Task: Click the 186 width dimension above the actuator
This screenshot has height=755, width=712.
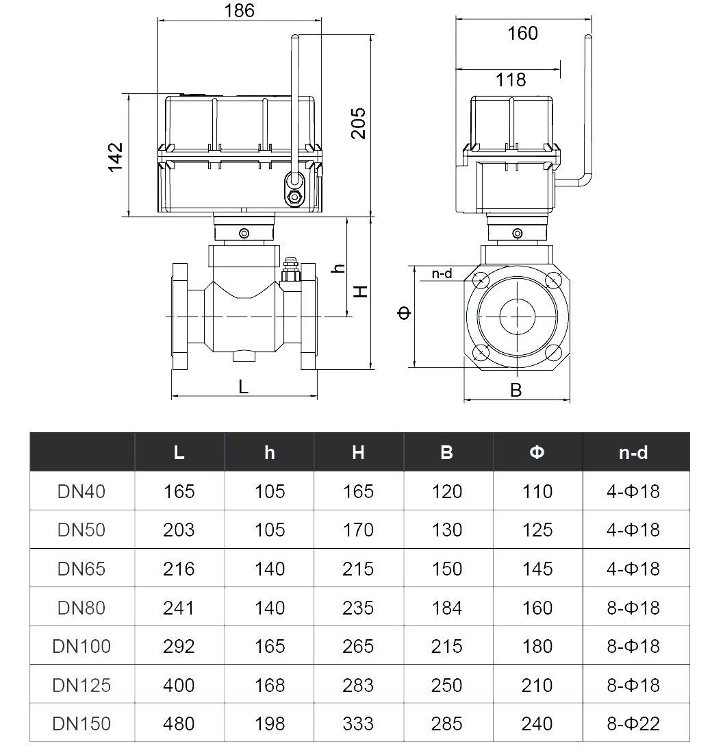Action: pyautogui.click(x=239, y=10)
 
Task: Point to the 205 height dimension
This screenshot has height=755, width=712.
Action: pyautogui.click(x=359, y=123)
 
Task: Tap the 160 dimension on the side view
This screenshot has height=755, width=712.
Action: pyautogui.click(x=522, y=33)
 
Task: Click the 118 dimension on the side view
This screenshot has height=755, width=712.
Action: pyautogui.click(x=510, y=80)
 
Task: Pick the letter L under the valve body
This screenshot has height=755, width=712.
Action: pyautogui.click(x=244, y=386)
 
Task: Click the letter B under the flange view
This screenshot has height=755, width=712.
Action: pyautogui.click(x=516, y=390)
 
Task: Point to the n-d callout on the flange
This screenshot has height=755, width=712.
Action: pyautogui.click(x=442, y=274)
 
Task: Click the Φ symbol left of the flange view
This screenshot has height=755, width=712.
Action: pyautogui.click(x=405, y=313)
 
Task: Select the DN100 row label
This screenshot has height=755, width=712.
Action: pyautogui.click(x=81, y=646)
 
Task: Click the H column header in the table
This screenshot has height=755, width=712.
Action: pyautogui.click(x=358, y=452)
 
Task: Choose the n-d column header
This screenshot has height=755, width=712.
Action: pyautogui.click(x=633, y=452)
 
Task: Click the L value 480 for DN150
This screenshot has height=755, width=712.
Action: pyautogui.click(x=179, y=723)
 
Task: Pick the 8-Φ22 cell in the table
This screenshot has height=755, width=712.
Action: pyautogui.click(x=633, y=723)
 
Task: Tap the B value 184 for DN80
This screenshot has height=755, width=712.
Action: pyautogui.click(x=447, y=608)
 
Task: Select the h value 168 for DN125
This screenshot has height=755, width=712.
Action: pyautogui.click(x=269, y=685)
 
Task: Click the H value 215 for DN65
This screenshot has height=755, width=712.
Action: pyautogui.click(x=358, y=569)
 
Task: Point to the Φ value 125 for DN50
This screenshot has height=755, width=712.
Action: pyautogui.click(x=537, y=530)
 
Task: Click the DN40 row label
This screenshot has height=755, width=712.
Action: pyautogui.click(x=81, y=491)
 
